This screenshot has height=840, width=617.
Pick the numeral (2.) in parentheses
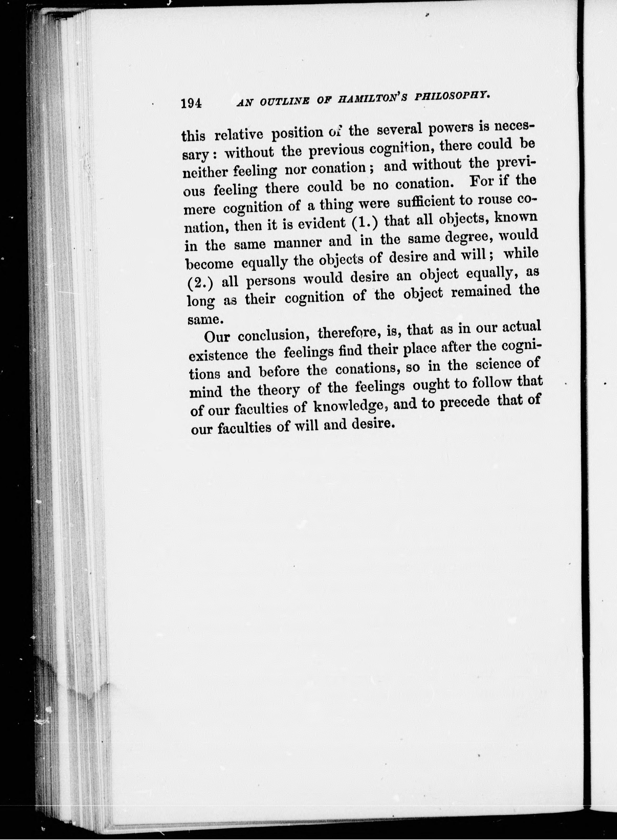(x=200, y=283)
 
